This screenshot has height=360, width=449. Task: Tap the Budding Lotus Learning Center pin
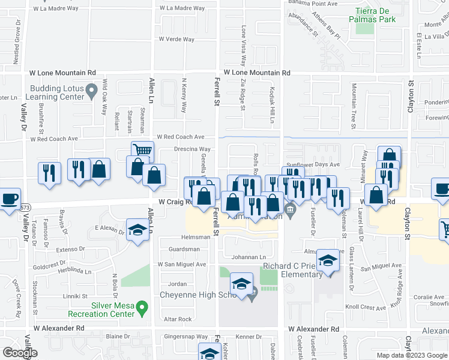tap(91, 92)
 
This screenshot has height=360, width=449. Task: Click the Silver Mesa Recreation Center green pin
tap(142, 308)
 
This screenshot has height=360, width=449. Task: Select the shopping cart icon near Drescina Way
tap(143, 151)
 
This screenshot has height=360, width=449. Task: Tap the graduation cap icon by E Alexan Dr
tap(137, 230)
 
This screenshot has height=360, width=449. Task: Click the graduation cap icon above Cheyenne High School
tap(241, 283)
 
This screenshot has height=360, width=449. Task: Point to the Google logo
tap(20, 353)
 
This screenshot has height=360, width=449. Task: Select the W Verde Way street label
tap(176, 40)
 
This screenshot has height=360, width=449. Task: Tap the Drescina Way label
tap(192, 149)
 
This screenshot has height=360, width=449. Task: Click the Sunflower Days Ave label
tap(313, 164)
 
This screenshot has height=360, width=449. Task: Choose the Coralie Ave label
tap(427, 296)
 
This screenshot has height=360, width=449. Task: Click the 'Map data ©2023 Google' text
tap(411, 355)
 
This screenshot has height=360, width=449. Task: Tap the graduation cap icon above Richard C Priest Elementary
tap(328, 260)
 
